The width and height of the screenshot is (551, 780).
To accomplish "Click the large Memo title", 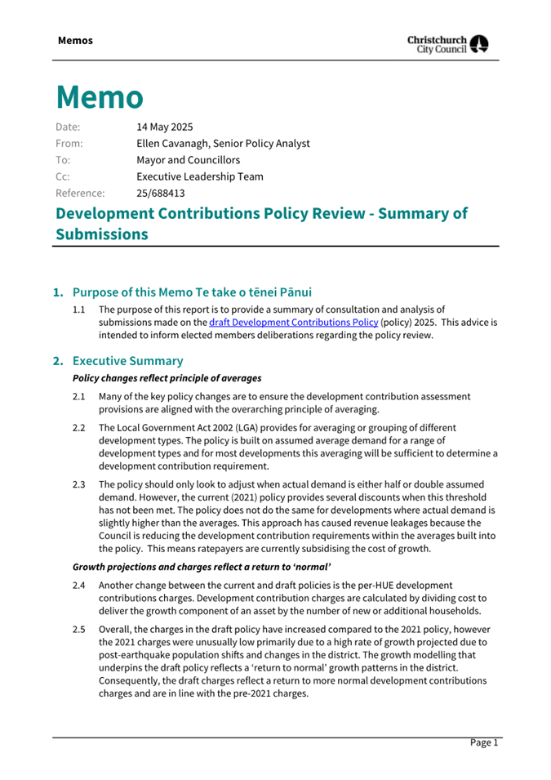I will (x=100, y=96).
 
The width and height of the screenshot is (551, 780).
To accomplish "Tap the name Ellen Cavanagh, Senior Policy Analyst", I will (x=223, y=143).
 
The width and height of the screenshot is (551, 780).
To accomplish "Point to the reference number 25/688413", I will (x=161, y=194).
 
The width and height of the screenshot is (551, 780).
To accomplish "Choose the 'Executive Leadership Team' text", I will (x=200, y=176).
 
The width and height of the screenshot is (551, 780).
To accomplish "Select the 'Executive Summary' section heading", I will (x=128, y=360).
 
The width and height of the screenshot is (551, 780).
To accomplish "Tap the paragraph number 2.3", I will (x=79, y=484).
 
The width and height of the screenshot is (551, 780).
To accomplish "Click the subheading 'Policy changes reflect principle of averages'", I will (x=167, y=378).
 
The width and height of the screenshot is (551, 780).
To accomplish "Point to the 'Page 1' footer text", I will (x=483, y=742).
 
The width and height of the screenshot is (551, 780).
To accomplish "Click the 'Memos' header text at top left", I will (x=75, y=40).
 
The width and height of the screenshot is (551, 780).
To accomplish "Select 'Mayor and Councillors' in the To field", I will (x=189, y=160).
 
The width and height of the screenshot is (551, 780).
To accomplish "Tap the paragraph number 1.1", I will (x=79, y=310).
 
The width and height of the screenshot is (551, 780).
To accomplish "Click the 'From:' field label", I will (x=69, y=143).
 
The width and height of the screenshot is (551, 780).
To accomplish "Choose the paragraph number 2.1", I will (x=79, y=396).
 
